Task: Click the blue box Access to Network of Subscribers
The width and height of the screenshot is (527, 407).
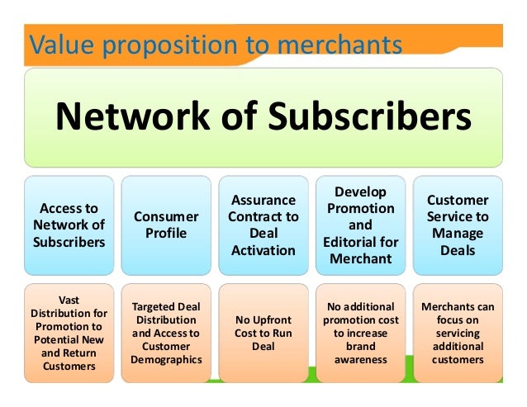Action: coord(69,225)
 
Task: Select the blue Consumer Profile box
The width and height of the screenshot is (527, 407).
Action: coord(166,225)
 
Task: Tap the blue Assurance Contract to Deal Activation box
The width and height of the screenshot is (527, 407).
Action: coord(263,225)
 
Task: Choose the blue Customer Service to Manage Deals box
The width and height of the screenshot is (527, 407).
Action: coord(457,225)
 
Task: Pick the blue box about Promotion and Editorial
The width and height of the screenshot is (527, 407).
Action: coord(360,225)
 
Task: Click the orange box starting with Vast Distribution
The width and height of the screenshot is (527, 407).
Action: coord(69,333)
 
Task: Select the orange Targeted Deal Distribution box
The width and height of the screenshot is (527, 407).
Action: coord(166,333)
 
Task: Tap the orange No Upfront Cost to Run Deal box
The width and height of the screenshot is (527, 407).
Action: coord(263,333)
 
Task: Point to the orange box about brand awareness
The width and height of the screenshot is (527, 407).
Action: coord(360,333)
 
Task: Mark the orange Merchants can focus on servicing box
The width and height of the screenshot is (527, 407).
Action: coord(457,333)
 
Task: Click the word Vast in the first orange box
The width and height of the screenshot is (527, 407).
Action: coord(69,301)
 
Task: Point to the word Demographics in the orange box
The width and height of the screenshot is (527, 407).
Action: coord(166,359)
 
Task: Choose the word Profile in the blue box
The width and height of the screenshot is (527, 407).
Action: coord(166,233)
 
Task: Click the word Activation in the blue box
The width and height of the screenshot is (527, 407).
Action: coord(263,250)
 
